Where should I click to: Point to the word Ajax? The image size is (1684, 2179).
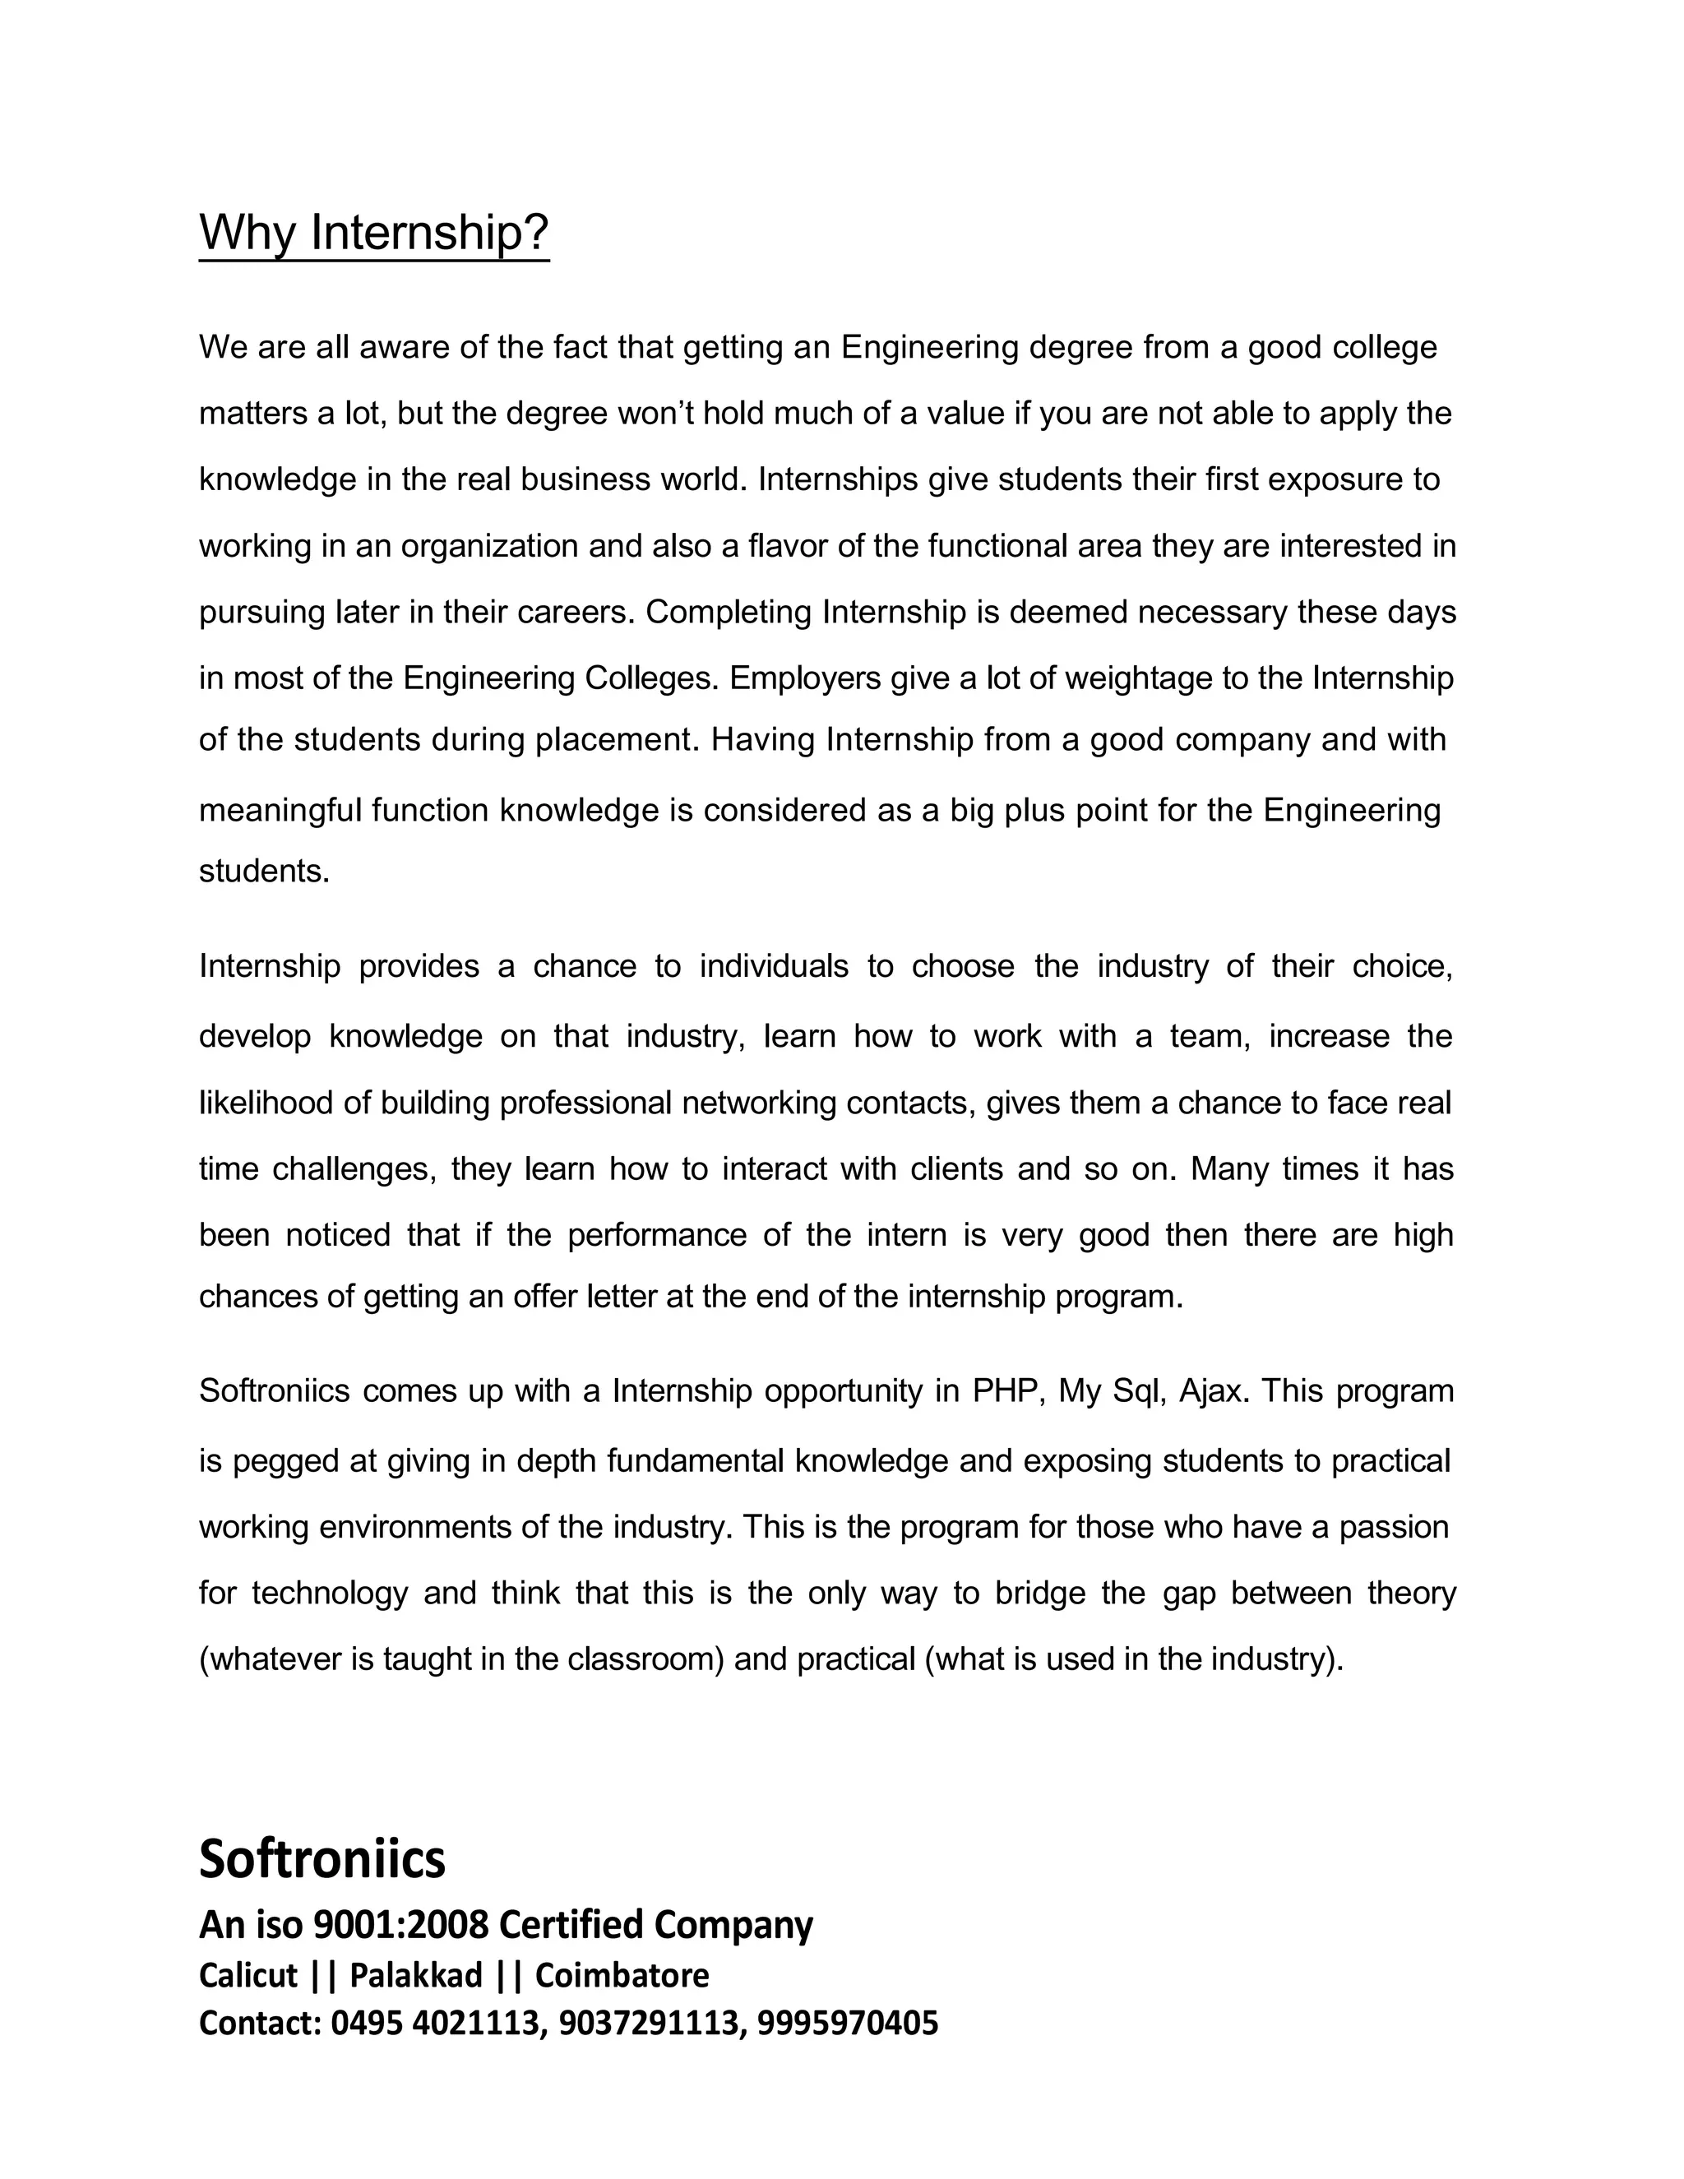(x=1213, y=1390)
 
